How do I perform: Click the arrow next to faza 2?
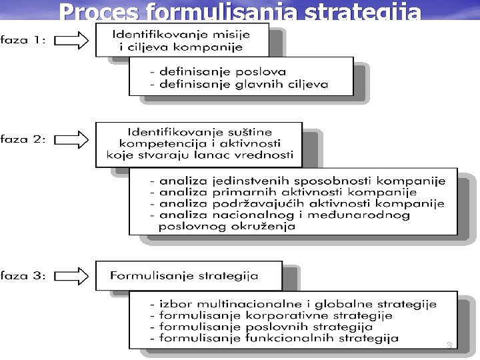tap(71, 140)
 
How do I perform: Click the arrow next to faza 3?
tap(71, 275)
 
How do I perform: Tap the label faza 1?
tap(23, 40)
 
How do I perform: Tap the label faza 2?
tap(23, 140)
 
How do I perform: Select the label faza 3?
tap(23, 275)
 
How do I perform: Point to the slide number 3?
tap(449, 345)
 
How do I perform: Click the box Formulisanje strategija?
tap(184, 275)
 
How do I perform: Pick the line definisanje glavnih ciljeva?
tap(240, 83)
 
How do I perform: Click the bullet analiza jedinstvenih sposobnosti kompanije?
tap(298, 180)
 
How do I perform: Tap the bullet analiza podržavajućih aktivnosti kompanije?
tap(298, 203)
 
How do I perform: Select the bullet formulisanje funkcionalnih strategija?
tap(275, 339)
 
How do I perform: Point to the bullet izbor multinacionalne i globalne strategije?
tap(293, 303)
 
